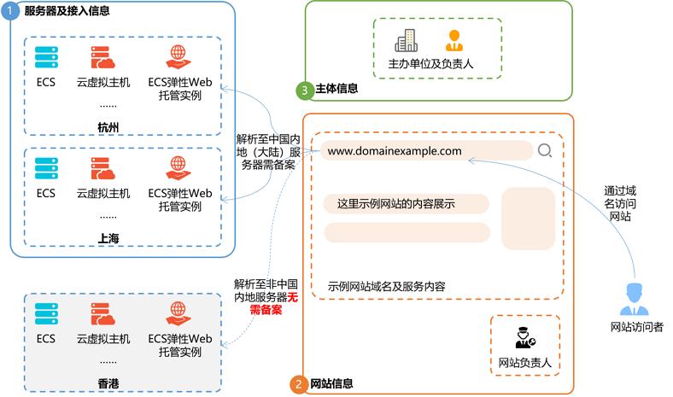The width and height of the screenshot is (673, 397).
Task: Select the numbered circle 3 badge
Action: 302,89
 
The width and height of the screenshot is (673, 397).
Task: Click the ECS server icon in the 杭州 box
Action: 45,57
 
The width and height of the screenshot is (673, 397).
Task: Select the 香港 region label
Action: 108,373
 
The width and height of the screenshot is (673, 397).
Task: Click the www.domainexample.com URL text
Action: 395,151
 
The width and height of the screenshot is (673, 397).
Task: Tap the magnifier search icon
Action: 545,151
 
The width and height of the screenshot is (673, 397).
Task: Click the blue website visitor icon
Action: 636,300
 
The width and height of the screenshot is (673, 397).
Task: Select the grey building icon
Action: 406,40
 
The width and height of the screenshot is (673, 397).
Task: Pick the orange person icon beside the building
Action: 454,40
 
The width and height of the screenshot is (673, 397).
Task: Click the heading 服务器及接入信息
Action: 67,11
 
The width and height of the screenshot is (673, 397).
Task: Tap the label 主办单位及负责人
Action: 430,64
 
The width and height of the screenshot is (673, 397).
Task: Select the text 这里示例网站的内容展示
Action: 395,204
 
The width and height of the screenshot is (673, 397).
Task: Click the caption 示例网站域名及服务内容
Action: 386,286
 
